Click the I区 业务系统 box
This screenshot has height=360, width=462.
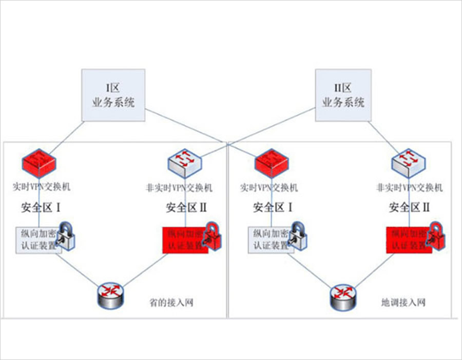[x=113, y=96]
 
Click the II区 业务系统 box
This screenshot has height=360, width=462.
[x=343, y=96]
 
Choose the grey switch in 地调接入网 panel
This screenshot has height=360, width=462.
[x=409, y=164]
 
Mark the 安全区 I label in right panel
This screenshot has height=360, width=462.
[x=273, y=208]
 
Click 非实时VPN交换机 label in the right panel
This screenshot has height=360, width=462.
[x=409, y=188]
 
